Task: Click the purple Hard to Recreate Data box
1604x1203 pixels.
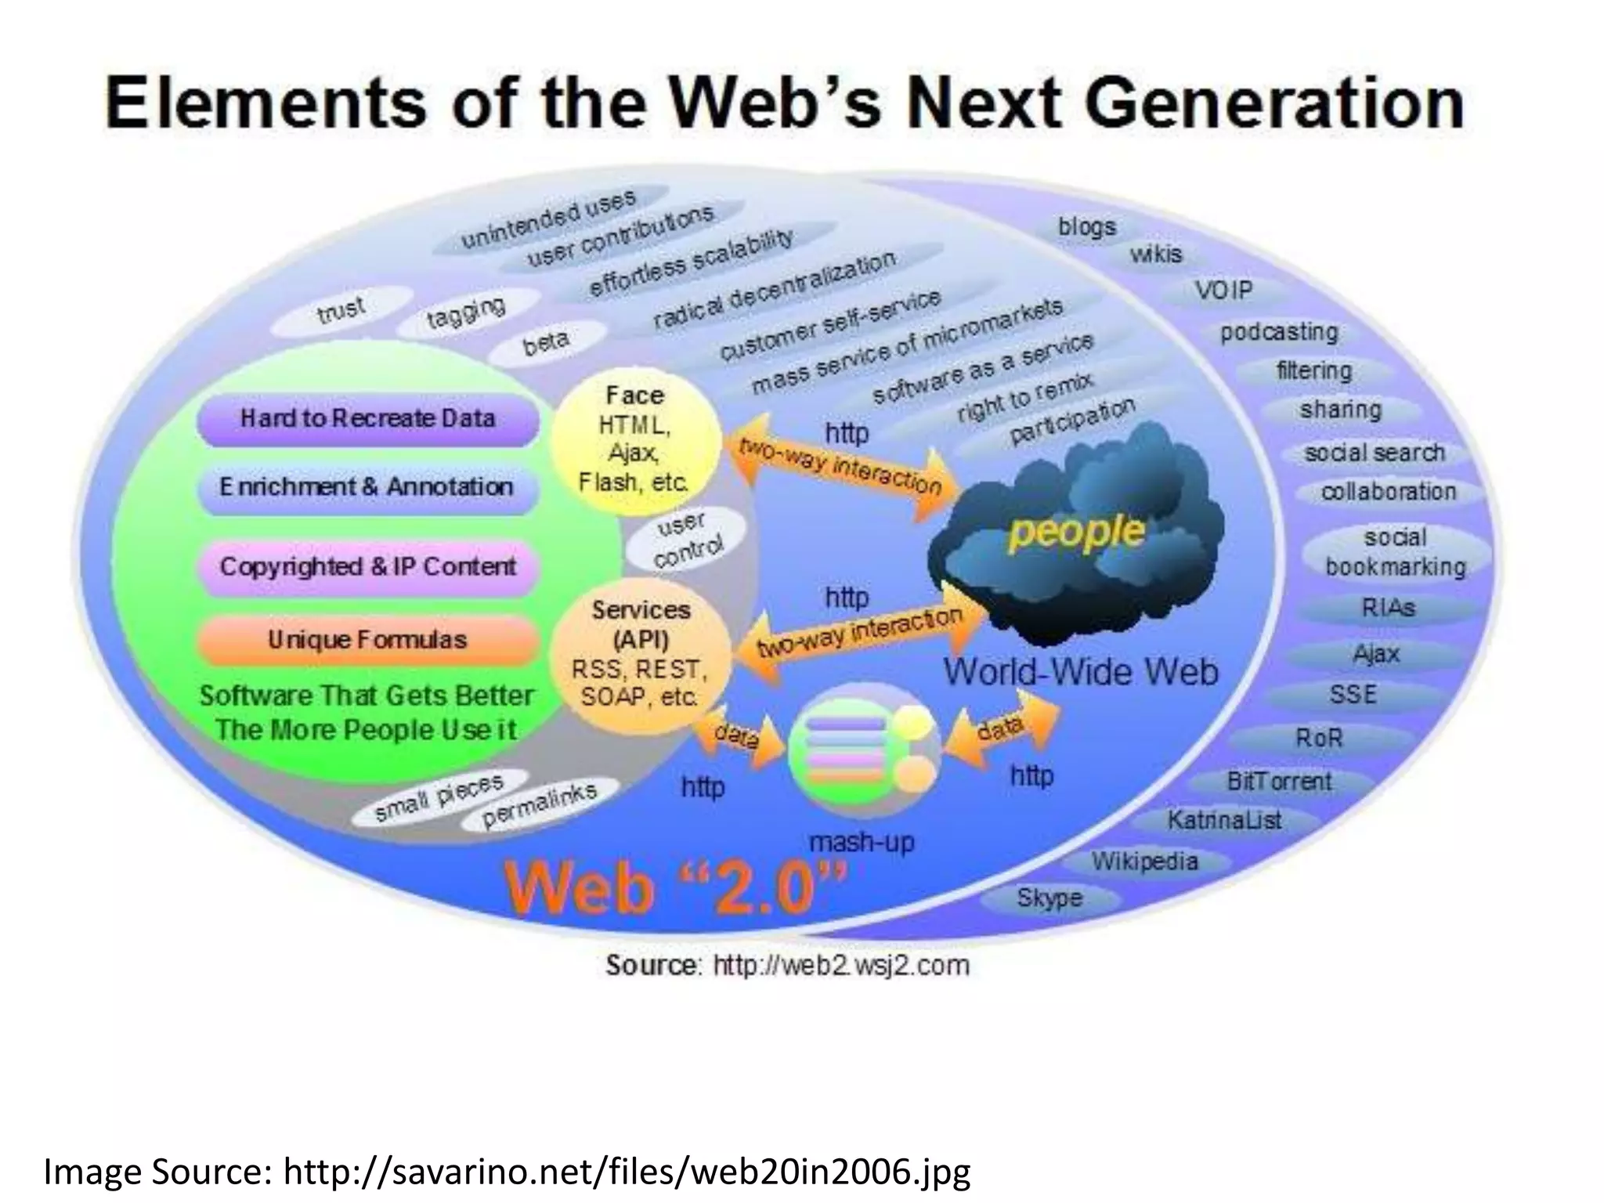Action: tap(367, 419)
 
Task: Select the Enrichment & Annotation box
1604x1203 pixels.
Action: tap(367, 487)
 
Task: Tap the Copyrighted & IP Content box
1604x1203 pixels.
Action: tap(367, 566)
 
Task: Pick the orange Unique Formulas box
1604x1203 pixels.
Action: tap(367, 640)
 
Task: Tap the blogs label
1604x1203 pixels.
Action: tap(1087, 227)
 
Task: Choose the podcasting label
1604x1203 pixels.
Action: tap(1279, 332)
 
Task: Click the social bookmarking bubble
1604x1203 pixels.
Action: tap(1395, 552)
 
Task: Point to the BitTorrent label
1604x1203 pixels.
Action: tap(1279, 781)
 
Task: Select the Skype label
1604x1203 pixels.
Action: tap(1049, 898)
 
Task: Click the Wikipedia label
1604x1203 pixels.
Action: tap(1145, 862)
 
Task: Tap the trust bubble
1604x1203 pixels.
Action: tap(341, 309)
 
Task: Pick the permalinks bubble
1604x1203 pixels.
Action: tap(540, 805)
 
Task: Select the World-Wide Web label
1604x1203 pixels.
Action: tap(1081, 672)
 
